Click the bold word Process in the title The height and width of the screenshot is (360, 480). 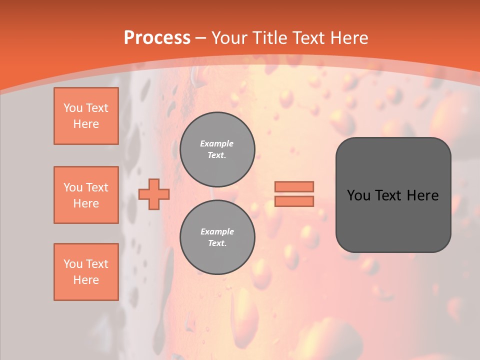point(157,38)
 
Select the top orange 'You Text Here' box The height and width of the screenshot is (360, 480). point(86,116)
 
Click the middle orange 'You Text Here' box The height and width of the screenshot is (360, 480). point(86,195)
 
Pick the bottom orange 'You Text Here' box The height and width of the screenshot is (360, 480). point(86,272)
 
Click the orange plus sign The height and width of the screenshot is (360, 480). point(154,194)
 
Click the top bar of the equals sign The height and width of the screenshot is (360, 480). point(294,186)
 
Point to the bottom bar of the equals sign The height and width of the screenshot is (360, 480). point(294,201)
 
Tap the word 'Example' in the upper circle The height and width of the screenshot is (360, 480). point(217,143)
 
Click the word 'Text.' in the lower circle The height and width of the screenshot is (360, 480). point(217,243)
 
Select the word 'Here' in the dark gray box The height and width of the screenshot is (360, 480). point(423,195)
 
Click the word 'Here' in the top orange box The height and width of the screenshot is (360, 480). point(86,124)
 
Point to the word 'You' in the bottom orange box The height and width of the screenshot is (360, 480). point(72,264)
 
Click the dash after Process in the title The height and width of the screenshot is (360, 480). point(200,38)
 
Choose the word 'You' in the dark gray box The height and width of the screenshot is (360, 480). point(358,195)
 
